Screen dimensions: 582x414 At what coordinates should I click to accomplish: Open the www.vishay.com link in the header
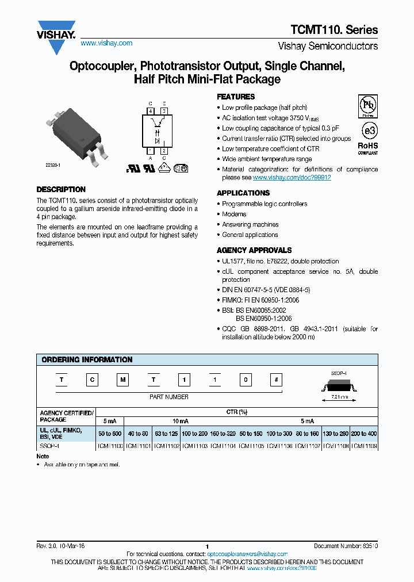pos(106,43)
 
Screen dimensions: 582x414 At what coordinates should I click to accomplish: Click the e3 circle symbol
pos(368,129)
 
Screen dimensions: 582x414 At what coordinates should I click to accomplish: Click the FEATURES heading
pos(235,97)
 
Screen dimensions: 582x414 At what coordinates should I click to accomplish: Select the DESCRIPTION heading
pos(61,189)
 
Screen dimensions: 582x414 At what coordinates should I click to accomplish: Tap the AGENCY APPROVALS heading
pos(254,250)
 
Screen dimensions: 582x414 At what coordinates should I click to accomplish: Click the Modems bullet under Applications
pos(234,214)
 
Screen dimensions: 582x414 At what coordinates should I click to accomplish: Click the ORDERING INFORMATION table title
pos(87,359)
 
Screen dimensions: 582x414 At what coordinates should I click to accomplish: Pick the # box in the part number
pos(277,380)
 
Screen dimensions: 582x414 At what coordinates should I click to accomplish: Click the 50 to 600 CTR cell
pos(109,433)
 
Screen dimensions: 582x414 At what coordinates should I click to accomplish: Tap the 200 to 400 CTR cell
pos(364,433)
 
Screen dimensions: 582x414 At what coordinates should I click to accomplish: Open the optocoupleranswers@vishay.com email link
pos(247,554)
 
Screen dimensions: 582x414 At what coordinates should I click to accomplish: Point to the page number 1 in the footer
pos(206,546)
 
